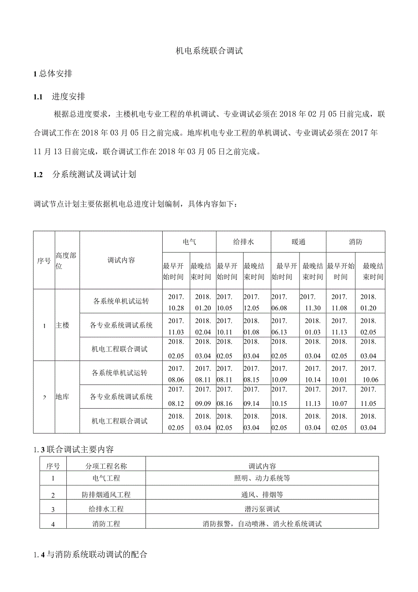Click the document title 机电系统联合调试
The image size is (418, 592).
pos(209,51)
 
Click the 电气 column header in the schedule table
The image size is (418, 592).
pos(189,242)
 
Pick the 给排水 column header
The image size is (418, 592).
pos(243,242)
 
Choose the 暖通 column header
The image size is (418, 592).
pos(298,242)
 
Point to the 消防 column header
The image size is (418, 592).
pos(355,242)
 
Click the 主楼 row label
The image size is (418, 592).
pos(62,326)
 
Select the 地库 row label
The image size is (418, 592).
pos(62,397)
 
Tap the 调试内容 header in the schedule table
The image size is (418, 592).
pos(121,260)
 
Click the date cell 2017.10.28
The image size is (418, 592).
pos(176,302)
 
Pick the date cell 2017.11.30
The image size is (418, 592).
pos(312,302)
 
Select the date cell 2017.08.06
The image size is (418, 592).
pos(176,373)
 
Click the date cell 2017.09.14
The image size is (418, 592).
pos(251,397)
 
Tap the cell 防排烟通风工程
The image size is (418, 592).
pos(106,495)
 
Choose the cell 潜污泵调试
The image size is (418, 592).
pos(262,509)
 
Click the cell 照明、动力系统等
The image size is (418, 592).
pos(262,478)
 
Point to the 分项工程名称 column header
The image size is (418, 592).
pos(106,466)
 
